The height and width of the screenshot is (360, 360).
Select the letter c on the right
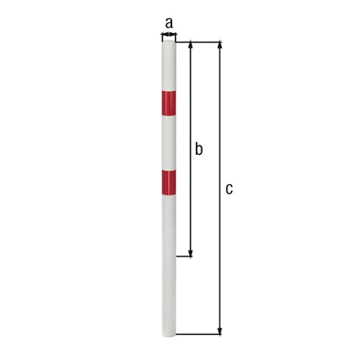[x=229, y=189]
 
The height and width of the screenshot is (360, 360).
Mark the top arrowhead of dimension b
[x=191, y=45]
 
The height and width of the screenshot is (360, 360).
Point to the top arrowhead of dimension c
[x=220, y=45]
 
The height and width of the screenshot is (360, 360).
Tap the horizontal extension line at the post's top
[x=202, y=42]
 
